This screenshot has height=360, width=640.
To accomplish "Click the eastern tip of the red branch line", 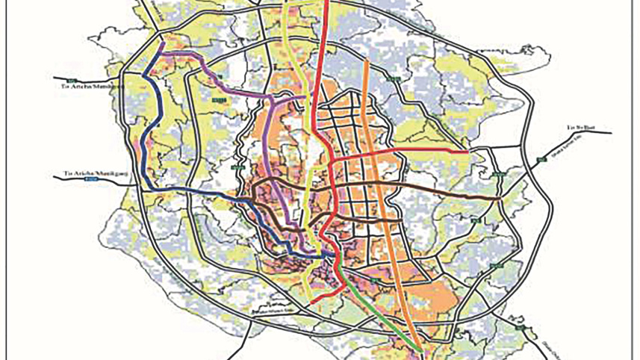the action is tap(467, 152).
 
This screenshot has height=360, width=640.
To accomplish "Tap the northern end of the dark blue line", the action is tap(161, 43).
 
